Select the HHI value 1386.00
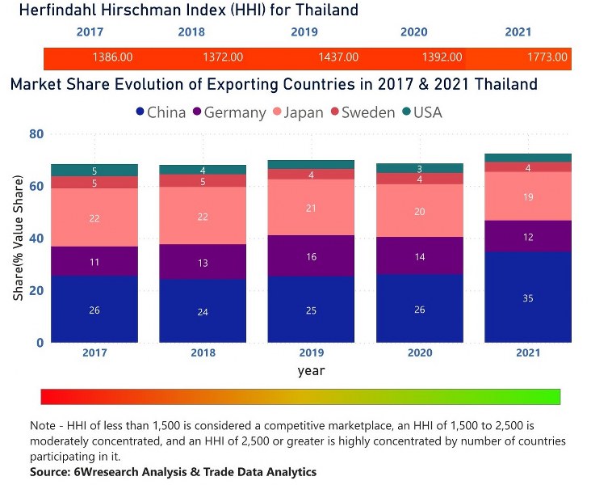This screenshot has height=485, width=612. coord(112,58)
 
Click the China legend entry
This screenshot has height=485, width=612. coord(161,112)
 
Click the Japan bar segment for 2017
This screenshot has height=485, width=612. coord(94,217)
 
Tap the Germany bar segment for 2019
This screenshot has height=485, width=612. coord(311,255)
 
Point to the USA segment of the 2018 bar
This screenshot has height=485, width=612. coord(203,170)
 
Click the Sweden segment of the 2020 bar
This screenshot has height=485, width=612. coord(419,179)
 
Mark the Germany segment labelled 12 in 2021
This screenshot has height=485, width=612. coord(527,236)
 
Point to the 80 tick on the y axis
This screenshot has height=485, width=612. coord(36,134)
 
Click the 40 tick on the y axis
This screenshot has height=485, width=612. coord(36,238)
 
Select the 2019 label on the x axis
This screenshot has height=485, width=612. coord(311,353)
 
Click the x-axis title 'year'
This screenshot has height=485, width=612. coord(310,370)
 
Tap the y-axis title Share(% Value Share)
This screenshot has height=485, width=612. coord(18,238)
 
